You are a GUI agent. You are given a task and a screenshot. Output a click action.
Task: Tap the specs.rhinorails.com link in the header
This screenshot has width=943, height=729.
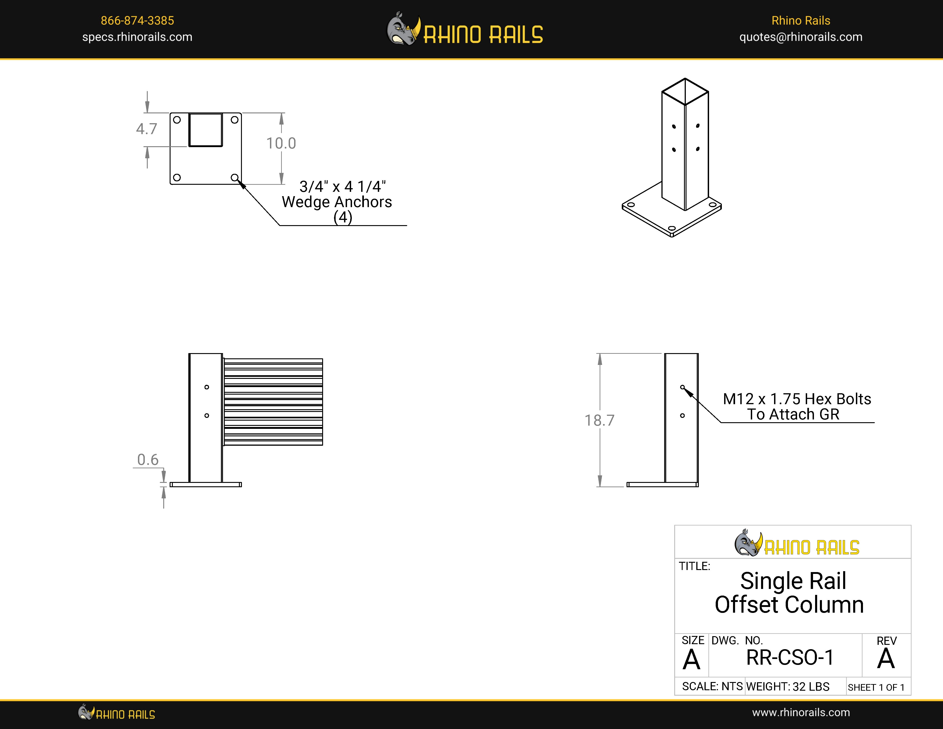(x=137, y=37)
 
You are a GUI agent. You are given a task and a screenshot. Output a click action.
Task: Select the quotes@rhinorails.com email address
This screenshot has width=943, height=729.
(x=801, y=37)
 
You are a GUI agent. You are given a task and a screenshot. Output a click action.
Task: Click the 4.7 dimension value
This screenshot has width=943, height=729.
(x=146, y=129)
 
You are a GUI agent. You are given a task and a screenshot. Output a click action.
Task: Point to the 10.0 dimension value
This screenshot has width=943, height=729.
(x=281, y=143)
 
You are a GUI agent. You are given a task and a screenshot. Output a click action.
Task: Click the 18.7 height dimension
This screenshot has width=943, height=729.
(x=599, y=420)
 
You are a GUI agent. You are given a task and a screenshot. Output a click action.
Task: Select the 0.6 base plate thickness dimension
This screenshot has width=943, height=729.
(x=148, y=460)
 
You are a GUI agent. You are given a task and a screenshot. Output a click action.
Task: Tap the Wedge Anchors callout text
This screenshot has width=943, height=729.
(x=337, y=202)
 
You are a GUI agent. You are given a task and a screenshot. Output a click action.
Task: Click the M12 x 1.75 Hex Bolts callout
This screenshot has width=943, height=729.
(x=797, y=399)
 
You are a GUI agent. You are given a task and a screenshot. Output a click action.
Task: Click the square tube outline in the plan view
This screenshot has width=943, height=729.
(x=205, y=130)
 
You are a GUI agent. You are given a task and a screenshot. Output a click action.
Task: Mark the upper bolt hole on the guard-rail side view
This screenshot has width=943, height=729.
(x=207, y=387)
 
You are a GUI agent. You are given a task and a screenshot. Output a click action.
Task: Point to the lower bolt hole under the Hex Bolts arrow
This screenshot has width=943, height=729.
(x=682, y=415)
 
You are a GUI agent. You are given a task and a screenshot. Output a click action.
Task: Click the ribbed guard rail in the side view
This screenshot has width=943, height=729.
(x=273, y=402)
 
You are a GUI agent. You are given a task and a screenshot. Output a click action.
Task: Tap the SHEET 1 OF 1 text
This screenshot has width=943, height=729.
(x=876, y=687)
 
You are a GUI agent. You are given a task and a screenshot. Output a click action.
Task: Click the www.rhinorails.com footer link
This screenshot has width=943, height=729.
(x=801, y=713)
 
